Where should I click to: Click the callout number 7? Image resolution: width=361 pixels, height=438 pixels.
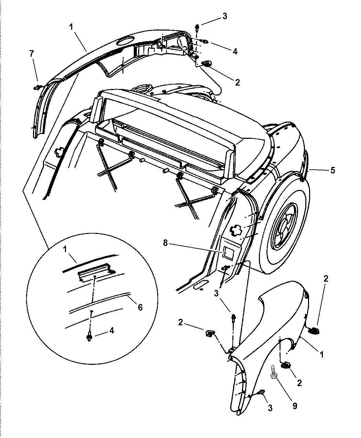(32, 54)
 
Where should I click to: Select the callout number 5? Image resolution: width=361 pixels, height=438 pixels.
(332, 170)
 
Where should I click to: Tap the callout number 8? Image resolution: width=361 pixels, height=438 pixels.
(165, 243)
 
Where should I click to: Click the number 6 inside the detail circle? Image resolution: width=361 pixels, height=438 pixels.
(140, 307)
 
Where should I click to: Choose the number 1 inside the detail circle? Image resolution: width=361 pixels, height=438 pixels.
(65, 249)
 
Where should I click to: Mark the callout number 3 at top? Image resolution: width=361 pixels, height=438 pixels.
(225, 16)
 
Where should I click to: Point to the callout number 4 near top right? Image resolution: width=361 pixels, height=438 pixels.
(235, 52)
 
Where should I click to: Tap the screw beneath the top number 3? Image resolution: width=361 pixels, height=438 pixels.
(197, 28)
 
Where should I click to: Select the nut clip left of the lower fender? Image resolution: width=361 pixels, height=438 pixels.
(210, 333)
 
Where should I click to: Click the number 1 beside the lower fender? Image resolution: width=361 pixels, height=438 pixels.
(321, 355)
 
